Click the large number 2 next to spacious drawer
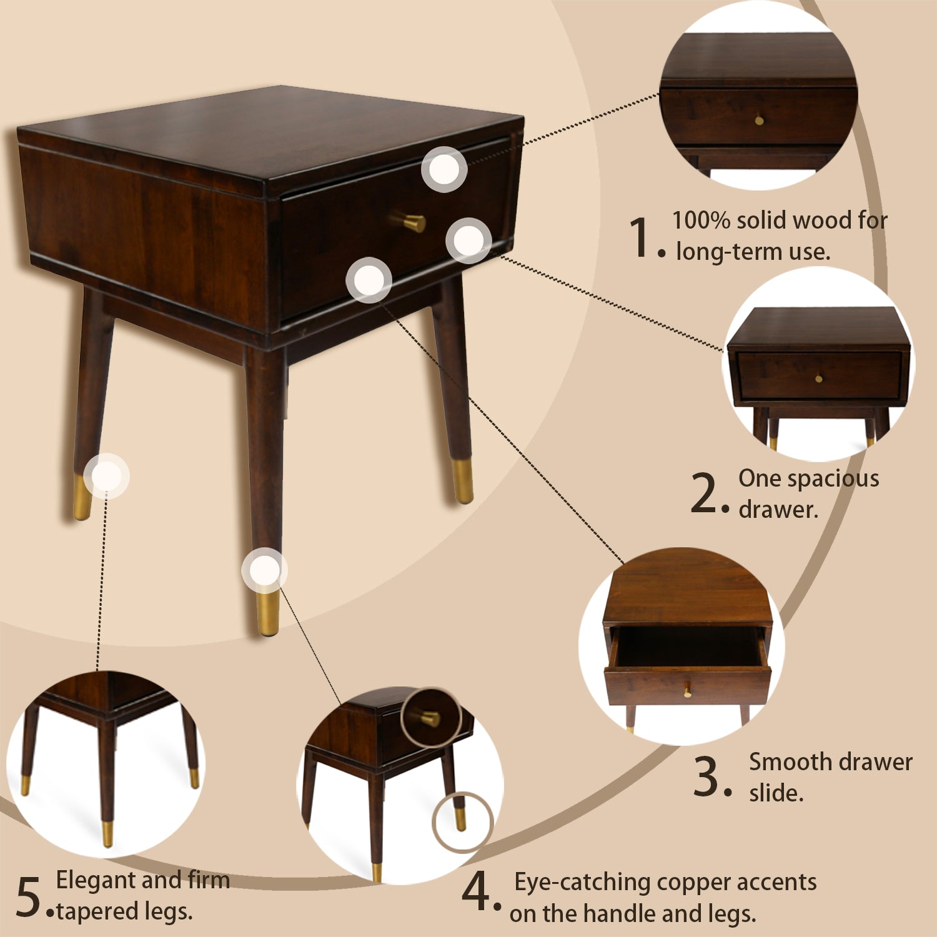click(x=704, y=493)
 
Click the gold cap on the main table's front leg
click(x=268, y=612)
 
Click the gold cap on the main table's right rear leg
click(x=463, y=481)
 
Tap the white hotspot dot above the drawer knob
click(x=444, y=169)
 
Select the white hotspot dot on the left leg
click(x=106, y=476)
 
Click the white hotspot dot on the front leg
click(x=265, y=570)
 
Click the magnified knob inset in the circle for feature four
click(x=430, y=718)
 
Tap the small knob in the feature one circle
click(x=759, y=120)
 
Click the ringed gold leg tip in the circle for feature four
click(x=460, y=819)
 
